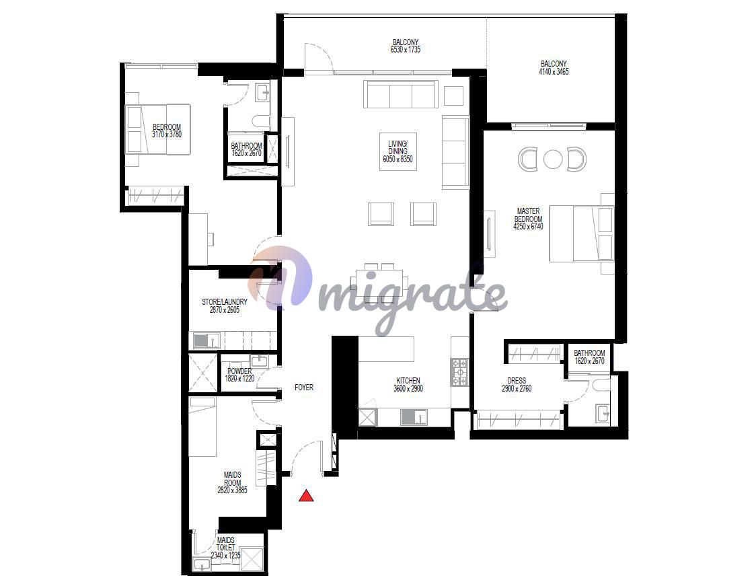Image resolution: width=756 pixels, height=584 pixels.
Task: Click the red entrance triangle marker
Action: [306, 496]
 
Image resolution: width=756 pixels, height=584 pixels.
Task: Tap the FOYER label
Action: [304, 388]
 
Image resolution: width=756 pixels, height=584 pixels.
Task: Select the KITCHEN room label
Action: [408, 381]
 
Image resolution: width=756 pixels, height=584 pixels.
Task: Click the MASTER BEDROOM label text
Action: [529, 215]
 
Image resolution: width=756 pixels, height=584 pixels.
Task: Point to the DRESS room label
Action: [517, 381]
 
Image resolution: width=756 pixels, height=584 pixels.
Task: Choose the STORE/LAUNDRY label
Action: [225, 302]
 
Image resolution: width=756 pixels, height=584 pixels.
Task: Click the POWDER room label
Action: [239, 371]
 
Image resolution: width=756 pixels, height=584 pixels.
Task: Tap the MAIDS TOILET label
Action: [225, 544]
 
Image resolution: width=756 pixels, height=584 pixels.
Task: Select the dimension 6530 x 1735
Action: [406, 49]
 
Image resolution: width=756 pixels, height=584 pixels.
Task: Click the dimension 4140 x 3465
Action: [554, 71]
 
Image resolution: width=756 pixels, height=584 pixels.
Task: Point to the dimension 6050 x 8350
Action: [398, 159]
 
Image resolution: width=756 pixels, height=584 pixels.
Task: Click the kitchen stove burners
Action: [459, 372]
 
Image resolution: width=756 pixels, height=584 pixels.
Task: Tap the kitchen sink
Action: [414, 417]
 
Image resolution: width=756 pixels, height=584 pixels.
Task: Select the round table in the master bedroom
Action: [552, 159]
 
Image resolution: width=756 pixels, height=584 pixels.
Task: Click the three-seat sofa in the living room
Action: [401, 94]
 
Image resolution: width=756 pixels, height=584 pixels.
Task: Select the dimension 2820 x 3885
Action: [233, 490]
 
